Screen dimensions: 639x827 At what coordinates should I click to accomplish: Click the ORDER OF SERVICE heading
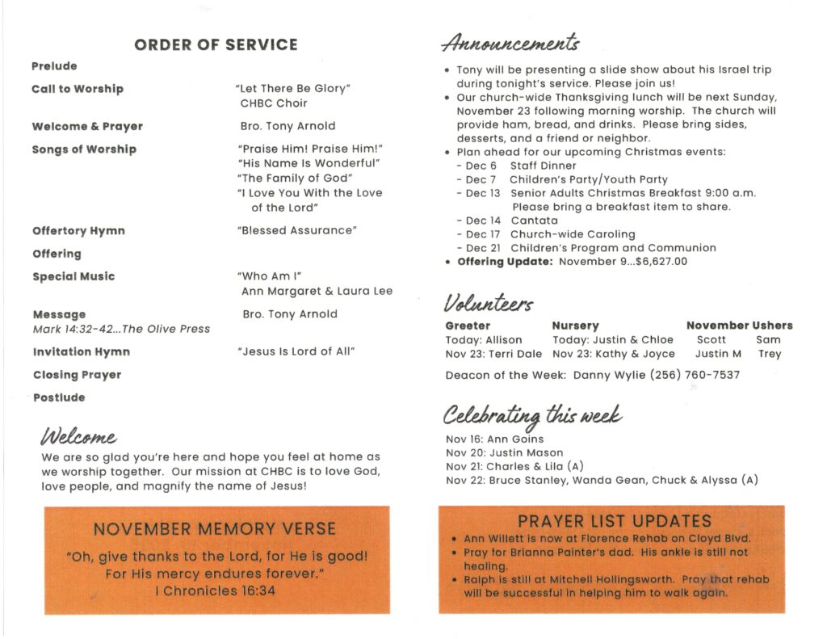[216, 45]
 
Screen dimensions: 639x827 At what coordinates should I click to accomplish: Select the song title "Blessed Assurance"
[297, 231]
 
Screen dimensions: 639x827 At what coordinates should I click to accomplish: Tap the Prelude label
[54, 66]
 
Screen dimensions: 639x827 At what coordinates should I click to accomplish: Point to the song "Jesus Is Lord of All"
[296, 351]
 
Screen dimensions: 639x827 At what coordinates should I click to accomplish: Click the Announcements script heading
[510, 42]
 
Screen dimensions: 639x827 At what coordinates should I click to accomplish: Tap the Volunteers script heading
[488, 304]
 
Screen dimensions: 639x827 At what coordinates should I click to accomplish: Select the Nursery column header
[575, 326]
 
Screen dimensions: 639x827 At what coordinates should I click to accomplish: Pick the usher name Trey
[770, 354]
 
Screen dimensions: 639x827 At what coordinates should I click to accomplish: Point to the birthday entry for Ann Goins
[494, 439]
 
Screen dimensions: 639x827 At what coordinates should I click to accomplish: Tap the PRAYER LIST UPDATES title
[615, 521]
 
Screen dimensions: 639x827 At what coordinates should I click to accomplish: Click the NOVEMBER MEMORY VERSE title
[214, 529]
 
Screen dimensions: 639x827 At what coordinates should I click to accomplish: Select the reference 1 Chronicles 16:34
[216, 591]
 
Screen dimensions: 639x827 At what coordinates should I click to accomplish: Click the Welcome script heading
[78, 437]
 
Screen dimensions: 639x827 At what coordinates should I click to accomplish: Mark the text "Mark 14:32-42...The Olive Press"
[121, 329]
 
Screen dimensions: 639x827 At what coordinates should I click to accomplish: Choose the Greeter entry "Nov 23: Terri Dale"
[493, 354]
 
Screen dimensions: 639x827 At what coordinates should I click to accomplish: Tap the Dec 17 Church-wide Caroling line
[550, 234]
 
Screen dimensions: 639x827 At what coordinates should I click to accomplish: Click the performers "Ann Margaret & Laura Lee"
[317, 291]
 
